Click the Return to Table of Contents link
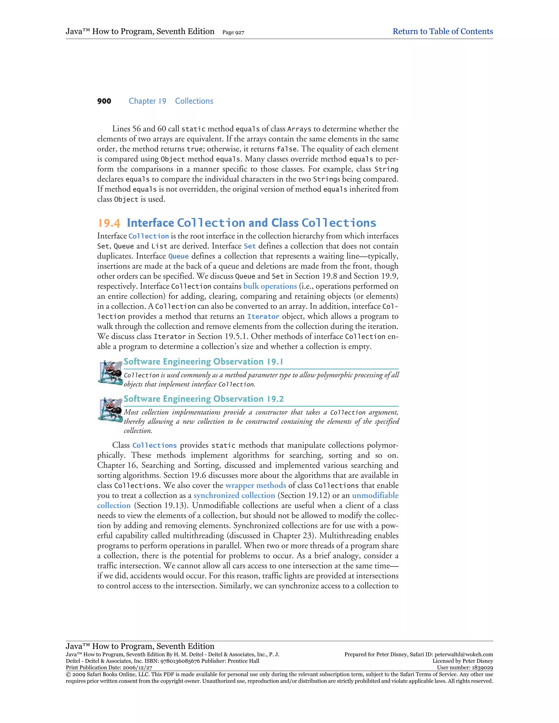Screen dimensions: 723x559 [442, 31]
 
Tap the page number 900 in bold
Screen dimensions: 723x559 [104, 101]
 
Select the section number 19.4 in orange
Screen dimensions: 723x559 [109, 223]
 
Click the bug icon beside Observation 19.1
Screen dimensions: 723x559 [110, 373]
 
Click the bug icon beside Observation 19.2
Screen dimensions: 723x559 [110, 410]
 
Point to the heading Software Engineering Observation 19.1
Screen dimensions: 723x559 [203, 362]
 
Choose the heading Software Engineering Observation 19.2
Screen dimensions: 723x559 [203, 399]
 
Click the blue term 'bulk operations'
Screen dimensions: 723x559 [270, 286]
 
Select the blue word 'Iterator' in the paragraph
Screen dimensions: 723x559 [263, 316]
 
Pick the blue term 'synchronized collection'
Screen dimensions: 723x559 [234, 495]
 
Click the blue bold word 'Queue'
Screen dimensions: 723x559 [178, 256]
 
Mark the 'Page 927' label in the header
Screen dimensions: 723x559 [233, 32]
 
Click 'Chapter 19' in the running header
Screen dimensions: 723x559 [147, 101]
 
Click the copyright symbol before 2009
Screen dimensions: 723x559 [68, 674]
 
